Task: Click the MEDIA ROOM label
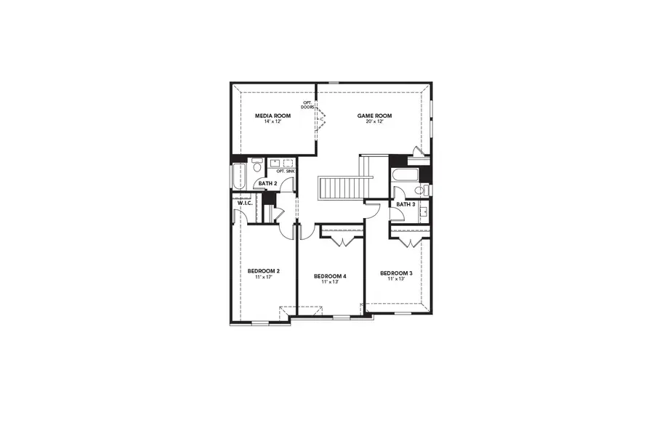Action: pos(272,116)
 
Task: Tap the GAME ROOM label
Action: pos(374,116)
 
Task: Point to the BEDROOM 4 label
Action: pos(330,276)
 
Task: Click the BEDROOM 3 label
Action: pos(396,273)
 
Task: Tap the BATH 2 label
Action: pos(267,183)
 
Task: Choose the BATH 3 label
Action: pos(405,204)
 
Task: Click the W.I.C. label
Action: pos(244,203)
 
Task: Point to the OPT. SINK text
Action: pos(285,171)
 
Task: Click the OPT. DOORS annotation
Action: pos(307,105)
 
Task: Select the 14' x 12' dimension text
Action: pos(272,121)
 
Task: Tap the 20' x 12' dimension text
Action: pos(374,121)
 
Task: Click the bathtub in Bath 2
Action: pos(238,176)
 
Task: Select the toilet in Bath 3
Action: pos(419,191)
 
